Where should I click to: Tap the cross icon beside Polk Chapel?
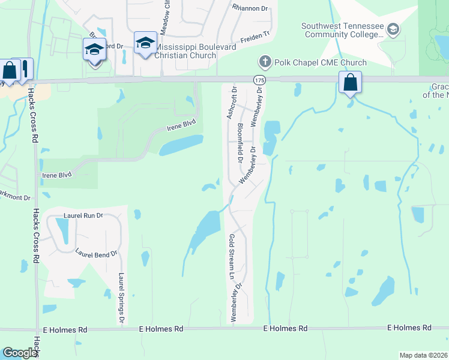[x=265, y=62]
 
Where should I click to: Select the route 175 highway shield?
[x=259, y=80]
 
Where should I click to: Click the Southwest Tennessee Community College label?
[x=342, y=30]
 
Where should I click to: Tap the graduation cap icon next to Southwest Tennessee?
[x=393, y=29]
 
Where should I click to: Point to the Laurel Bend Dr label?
[x=96, y=254]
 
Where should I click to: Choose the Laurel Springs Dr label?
[x=122, y=296]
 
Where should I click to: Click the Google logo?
[x=20, y=353]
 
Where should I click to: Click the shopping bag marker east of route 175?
[x=350, y=83]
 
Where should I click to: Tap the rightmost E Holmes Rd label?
[x=409, y=328]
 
